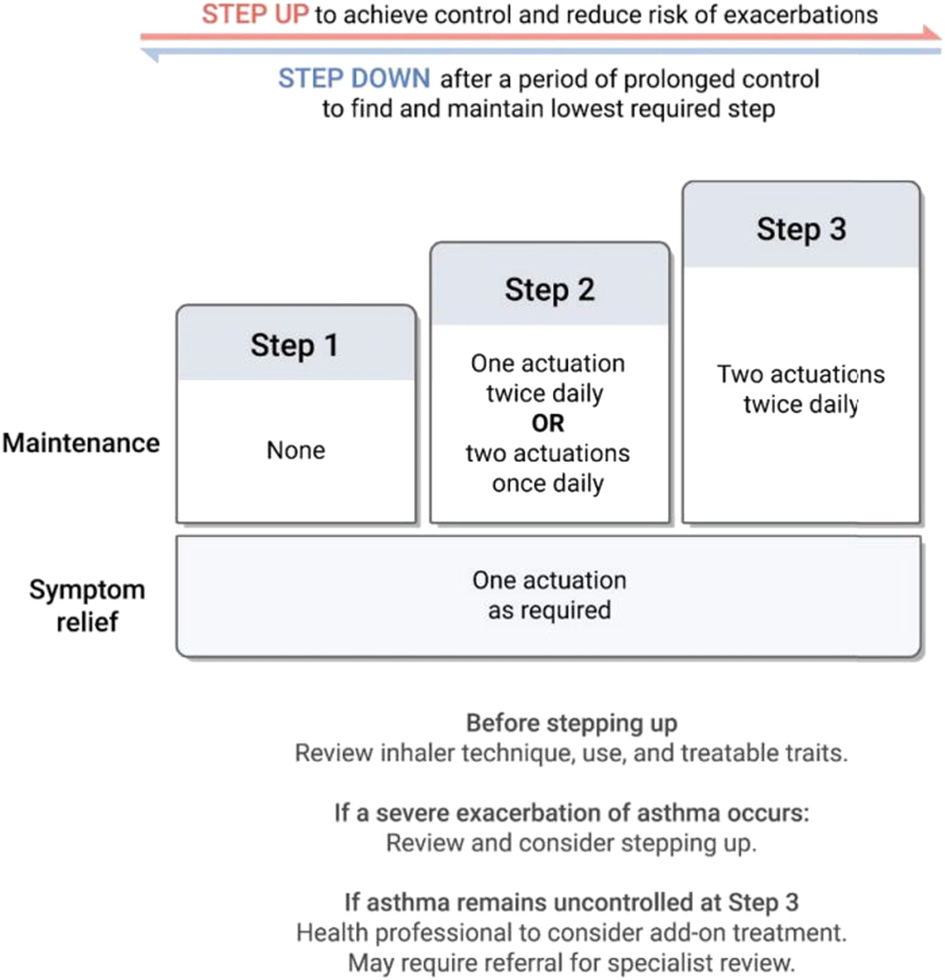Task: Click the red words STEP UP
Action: point(255,15)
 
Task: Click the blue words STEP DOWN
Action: point(353,79)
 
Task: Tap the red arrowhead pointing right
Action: point(932,34)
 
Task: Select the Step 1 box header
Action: point(295,345)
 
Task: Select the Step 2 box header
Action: point(549,289)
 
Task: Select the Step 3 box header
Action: point(800,229)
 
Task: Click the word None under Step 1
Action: point(295,450)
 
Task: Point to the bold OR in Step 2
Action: point(548,423)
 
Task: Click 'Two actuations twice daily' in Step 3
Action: point(800,389)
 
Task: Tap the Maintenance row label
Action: point(81,443)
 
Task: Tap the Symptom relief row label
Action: point(87,605)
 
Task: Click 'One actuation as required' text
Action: point(549,595)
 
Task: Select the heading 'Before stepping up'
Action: point(571,723)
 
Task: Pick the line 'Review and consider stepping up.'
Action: point(571,843)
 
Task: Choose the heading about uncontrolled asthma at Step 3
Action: point(571,902)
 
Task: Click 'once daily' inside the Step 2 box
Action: point(548,483)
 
